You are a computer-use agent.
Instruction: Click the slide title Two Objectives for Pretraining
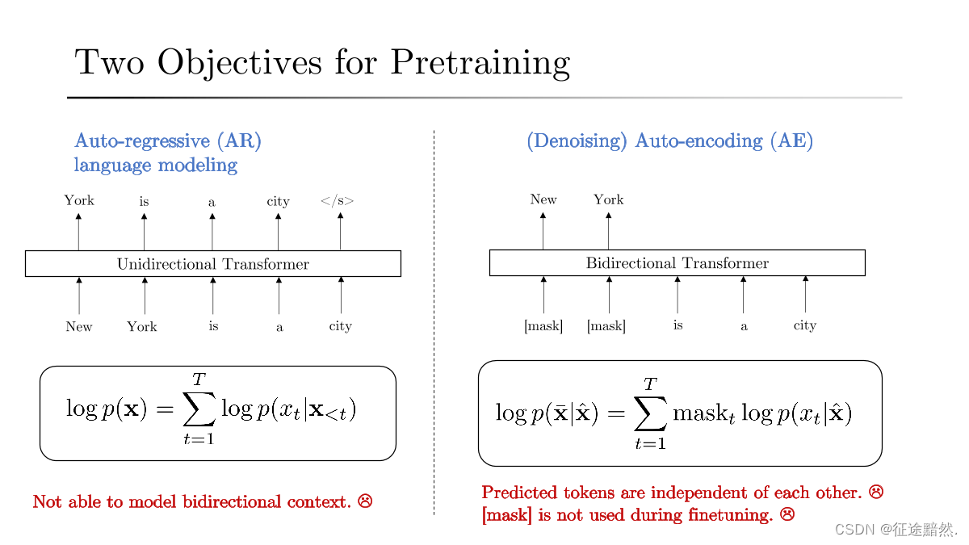point(322,62)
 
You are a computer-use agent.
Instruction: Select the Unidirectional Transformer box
point(213,264)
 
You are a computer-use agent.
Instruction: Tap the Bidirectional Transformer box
point(677,263)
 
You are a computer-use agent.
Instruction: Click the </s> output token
point(338,201)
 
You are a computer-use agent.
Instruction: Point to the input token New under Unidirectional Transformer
point(79,326)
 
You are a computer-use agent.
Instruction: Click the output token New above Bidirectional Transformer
point(543,199)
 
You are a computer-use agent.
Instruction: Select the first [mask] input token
point(543,326)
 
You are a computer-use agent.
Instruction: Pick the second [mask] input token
point(606,326)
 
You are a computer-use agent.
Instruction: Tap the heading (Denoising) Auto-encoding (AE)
point(669,141)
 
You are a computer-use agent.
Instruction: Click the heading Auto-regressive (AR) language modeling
point(168,153)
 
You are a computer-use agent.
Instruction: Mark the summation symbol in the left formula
point(199,411)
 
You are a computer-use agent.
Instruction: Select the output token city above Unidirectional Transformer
point(278,202)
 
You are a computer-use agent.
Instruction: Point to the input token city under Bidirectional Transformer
point(804,325)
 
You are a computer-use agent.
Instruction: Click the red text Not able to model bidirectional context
point(191,502)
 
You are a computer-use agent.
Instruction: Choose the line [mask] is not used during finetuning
point(627,514)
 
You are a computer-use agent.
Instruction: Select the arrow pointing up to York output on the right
point(608,231)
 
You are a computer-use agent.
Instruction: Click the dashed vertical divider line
point(434,323)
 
